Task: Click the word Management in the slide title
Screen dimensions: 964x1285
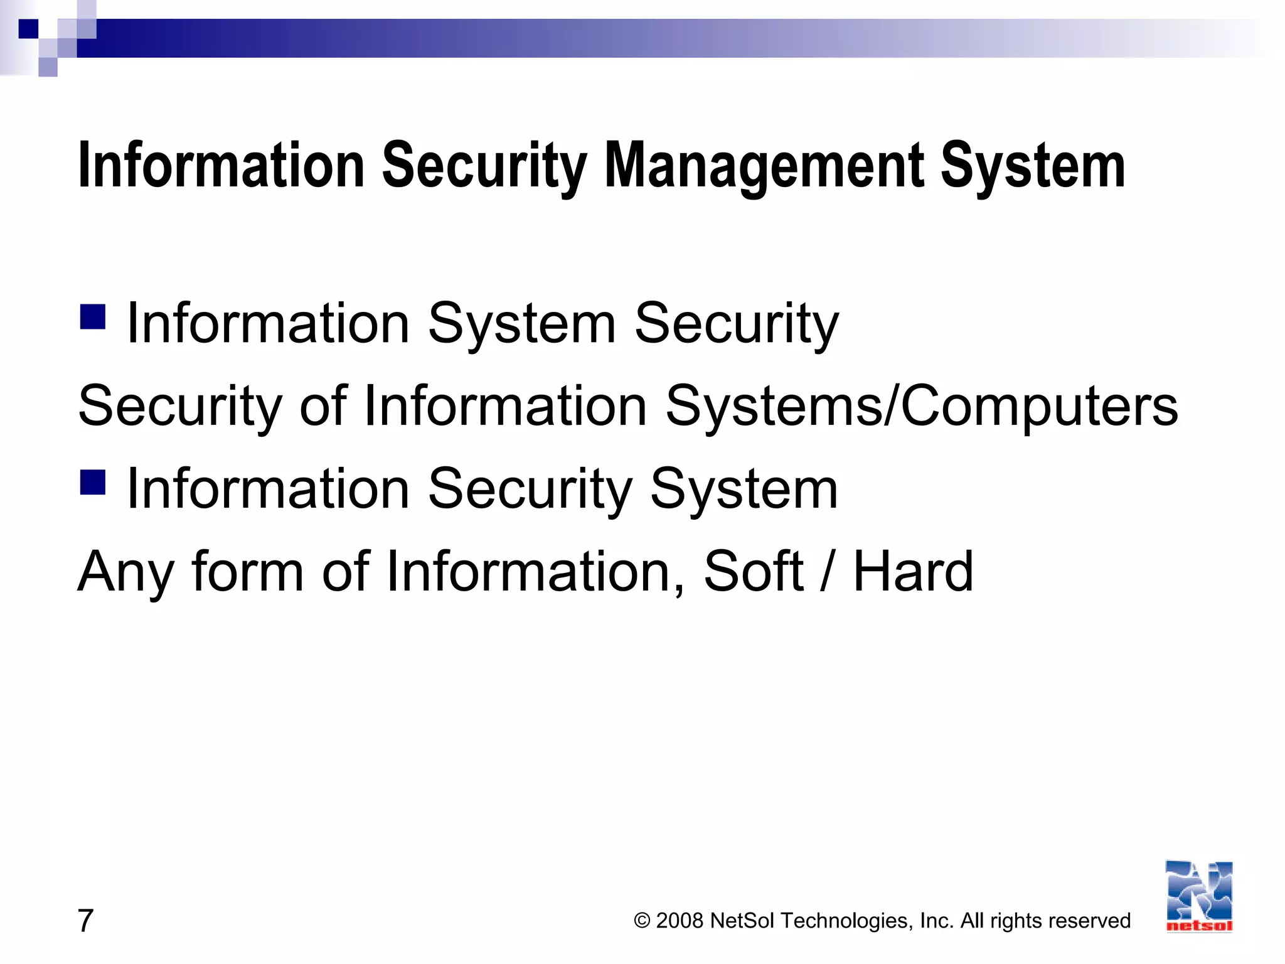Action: tap(764, 167)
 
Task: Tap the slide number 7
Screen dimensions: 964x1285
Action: tap(85, 921)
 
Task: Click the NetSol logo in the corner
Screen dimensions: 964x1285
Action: tap(1199, 896)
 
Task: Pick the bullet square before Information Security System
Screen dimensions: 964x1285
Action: tap(93, 482)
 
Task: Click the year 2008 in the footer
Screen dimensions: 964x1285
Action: tap(680, 921)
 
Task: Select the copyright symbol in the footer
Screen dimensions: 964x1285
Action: tap(642, 921)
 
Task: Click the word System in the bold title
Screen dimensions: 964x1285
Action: tap(1033, 167)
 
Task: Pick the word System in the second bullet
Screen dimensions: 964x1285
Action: tap(744, 490)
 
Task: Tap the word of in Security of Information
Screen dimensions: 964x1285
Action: tap(323, 406)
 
